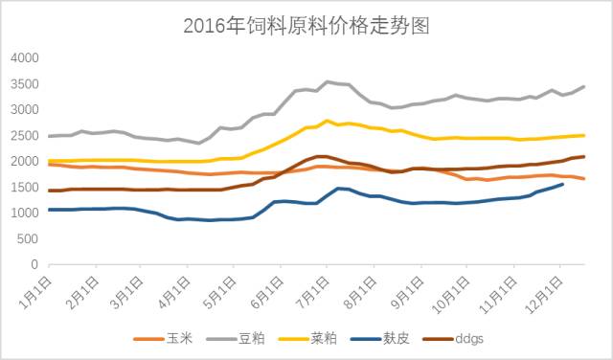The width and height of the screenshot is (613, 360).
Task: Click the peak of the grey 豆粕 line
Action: tap(329, 81)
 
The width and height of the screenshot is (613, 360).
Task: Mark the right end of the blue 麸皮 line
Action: tap(562, 184)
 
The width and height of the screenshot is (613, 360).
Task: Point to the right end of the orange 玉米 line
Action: tap(584, 179)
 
